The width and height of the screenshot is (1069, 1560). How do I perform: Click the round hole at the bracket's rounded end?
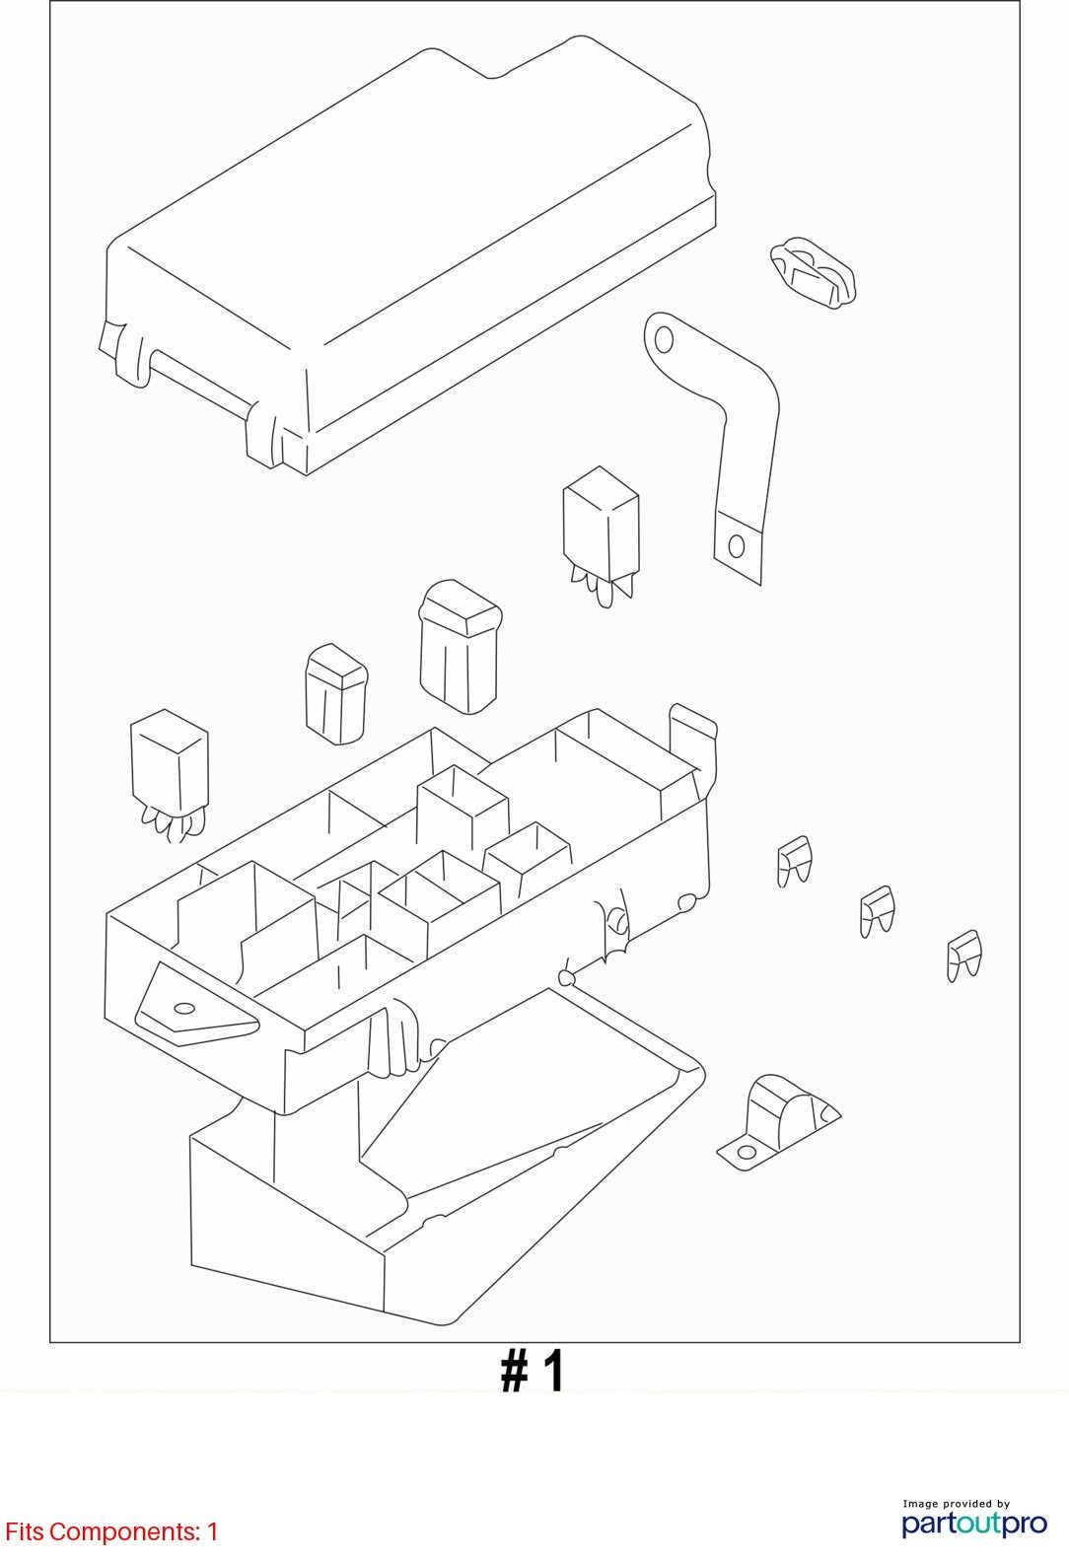point(664,340)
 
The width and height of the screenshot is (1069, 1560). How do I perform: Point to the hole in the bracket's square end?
point(736,546)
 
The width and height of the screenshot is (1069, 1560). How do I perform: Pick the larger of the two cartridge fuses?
point(460,646)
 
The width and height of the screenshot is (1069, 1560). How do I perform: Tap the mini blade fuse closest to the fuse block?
point(794,861)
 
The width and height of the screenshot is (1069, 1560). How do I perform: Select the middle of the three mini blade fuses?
point(877,911)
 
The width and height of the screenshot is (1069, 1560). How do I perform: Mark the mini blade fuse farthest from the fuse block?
point(963,956)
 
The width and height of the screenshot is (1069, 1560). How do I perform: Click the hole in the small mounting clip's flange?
point(746,1151)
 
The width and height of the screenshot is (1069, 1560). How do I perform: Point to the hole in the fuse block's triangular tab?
point(183,1009)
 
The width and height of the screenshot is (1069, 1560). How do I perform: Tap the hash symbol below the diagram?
point(515,1373)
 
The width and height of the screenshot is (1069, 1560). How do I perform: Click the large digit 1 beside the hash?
point(553,1372)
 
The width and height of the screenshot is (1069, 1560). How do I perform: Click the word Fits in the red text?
point(25,1531)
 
